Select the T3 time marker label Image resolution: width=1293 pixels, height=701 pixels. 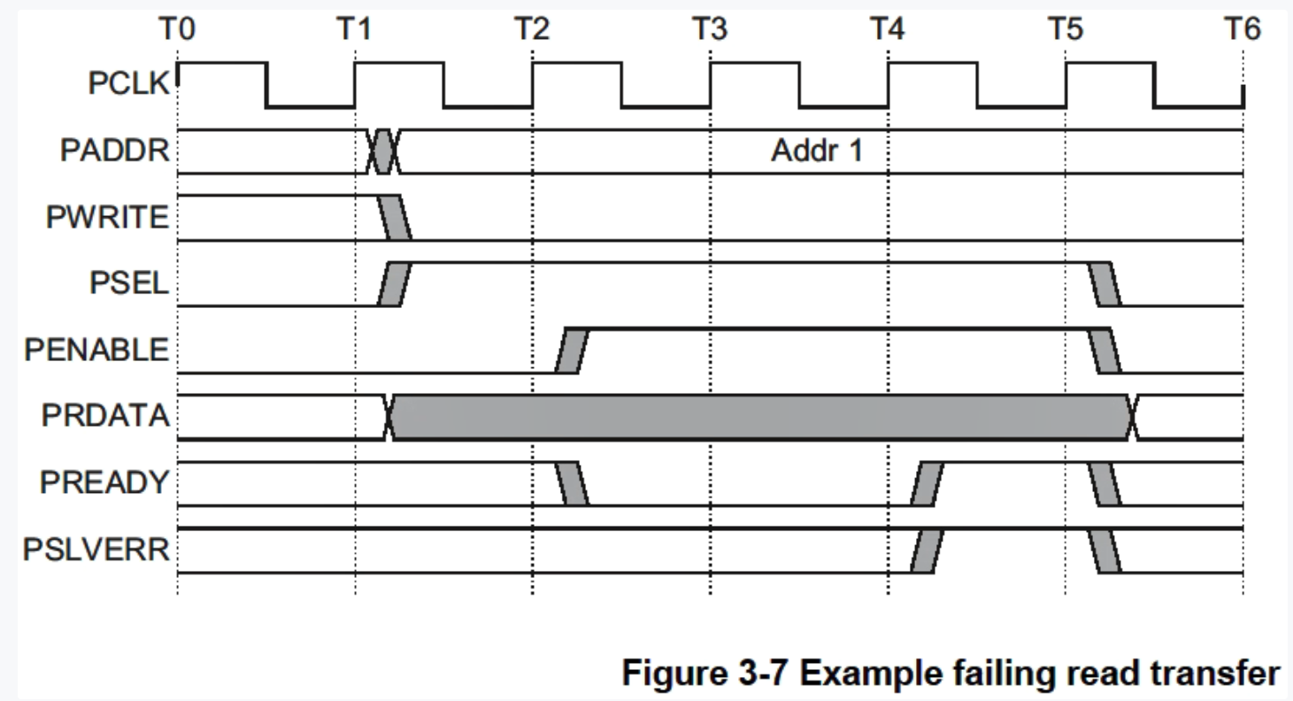(x=709, y=30)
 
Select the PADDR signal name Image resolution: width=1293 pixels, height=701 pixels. (x=115, y=150)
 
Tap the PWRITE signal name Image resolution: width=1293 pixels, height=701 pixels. (x=107, y=217)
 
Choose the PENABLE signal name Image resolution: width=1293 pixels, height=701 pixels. (x=97, y=350)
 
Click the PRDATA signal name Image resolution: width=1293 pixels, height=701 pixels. (x=105, y=416)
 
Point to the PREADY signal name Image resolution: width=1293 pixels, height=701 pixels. (x=104, y=483)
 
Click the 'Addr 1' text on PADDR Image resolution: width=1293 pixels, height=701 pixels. (x=816, y=151)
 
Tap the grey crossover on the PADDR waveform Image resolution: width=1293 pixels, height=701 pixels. (x=382, y=151)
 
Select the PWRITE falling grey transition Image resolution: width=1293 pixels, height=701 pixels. (x=395, y=217)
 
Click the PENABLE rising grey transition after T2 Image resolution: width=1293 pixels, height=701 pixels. (x=572, y=350)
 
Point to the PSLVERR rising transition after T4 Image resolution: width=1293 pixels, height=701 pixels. (x=927, y=551)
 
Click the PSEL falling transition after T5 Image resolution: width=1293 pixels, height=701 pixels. (x=1104, y=283)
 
